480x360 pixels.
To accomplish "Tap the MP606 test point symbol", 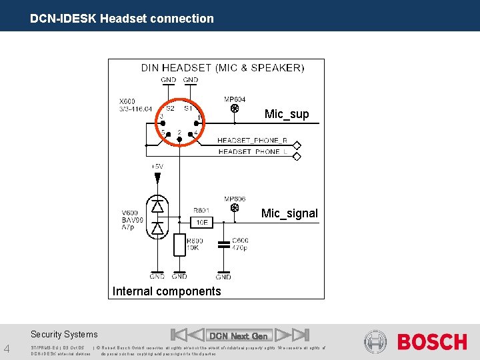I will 234,208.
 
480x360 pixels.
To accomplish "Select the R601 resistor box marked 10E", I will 201,221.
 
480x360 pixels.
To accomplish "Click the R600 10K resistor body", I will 179,245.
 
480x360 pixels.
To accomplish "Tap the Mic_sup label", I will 287,114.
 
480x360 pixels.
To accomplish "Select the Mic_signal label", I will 289,213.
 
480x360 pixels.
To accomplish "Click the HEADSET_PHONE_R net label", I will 252,141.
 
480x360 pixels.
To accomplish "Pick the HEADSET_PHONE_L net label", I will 252,151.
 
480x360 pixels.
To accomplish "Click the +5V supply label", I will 157,166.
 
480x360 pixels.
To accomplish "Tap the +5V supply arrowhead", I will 157,178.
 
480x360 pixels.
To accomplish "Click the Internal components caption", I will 167,291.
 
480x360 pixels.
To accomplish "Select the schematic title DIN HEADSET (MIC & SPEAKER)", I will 222,67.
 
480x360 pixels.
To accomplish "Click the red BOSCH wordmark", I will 432,342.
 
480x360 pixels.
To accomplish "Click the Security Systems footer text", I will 64,335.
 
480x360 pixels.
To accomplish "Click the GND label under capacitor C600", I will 223,276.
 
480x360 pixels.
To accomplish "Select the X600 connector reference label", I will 127,101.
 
